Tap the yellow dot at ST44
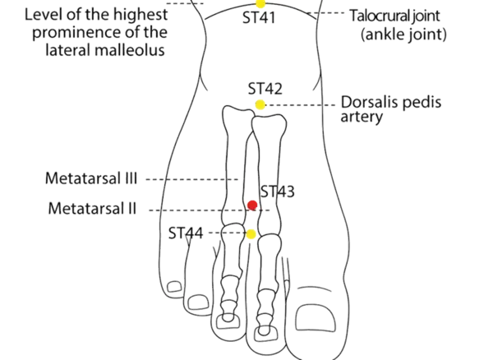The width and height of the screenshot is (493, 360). click(x=251, y=235)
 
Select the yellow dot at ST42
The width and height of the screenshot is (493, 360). click(x=260, y=104)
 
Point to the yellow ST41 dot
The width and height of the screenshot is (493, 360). click(x=260, y=4)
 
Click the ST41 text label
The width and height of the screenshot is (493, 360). click(x=260, y=18)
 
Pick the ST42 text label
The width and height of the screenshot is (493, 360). click(x=265, y=89)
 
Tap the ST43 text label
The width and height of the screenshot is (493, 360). click(x=277, y=192)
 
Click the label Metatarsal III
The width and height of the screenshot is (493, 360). click(x=92, y=178)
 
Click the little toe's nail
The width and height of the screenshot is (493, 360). click(x=173, y=286)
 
